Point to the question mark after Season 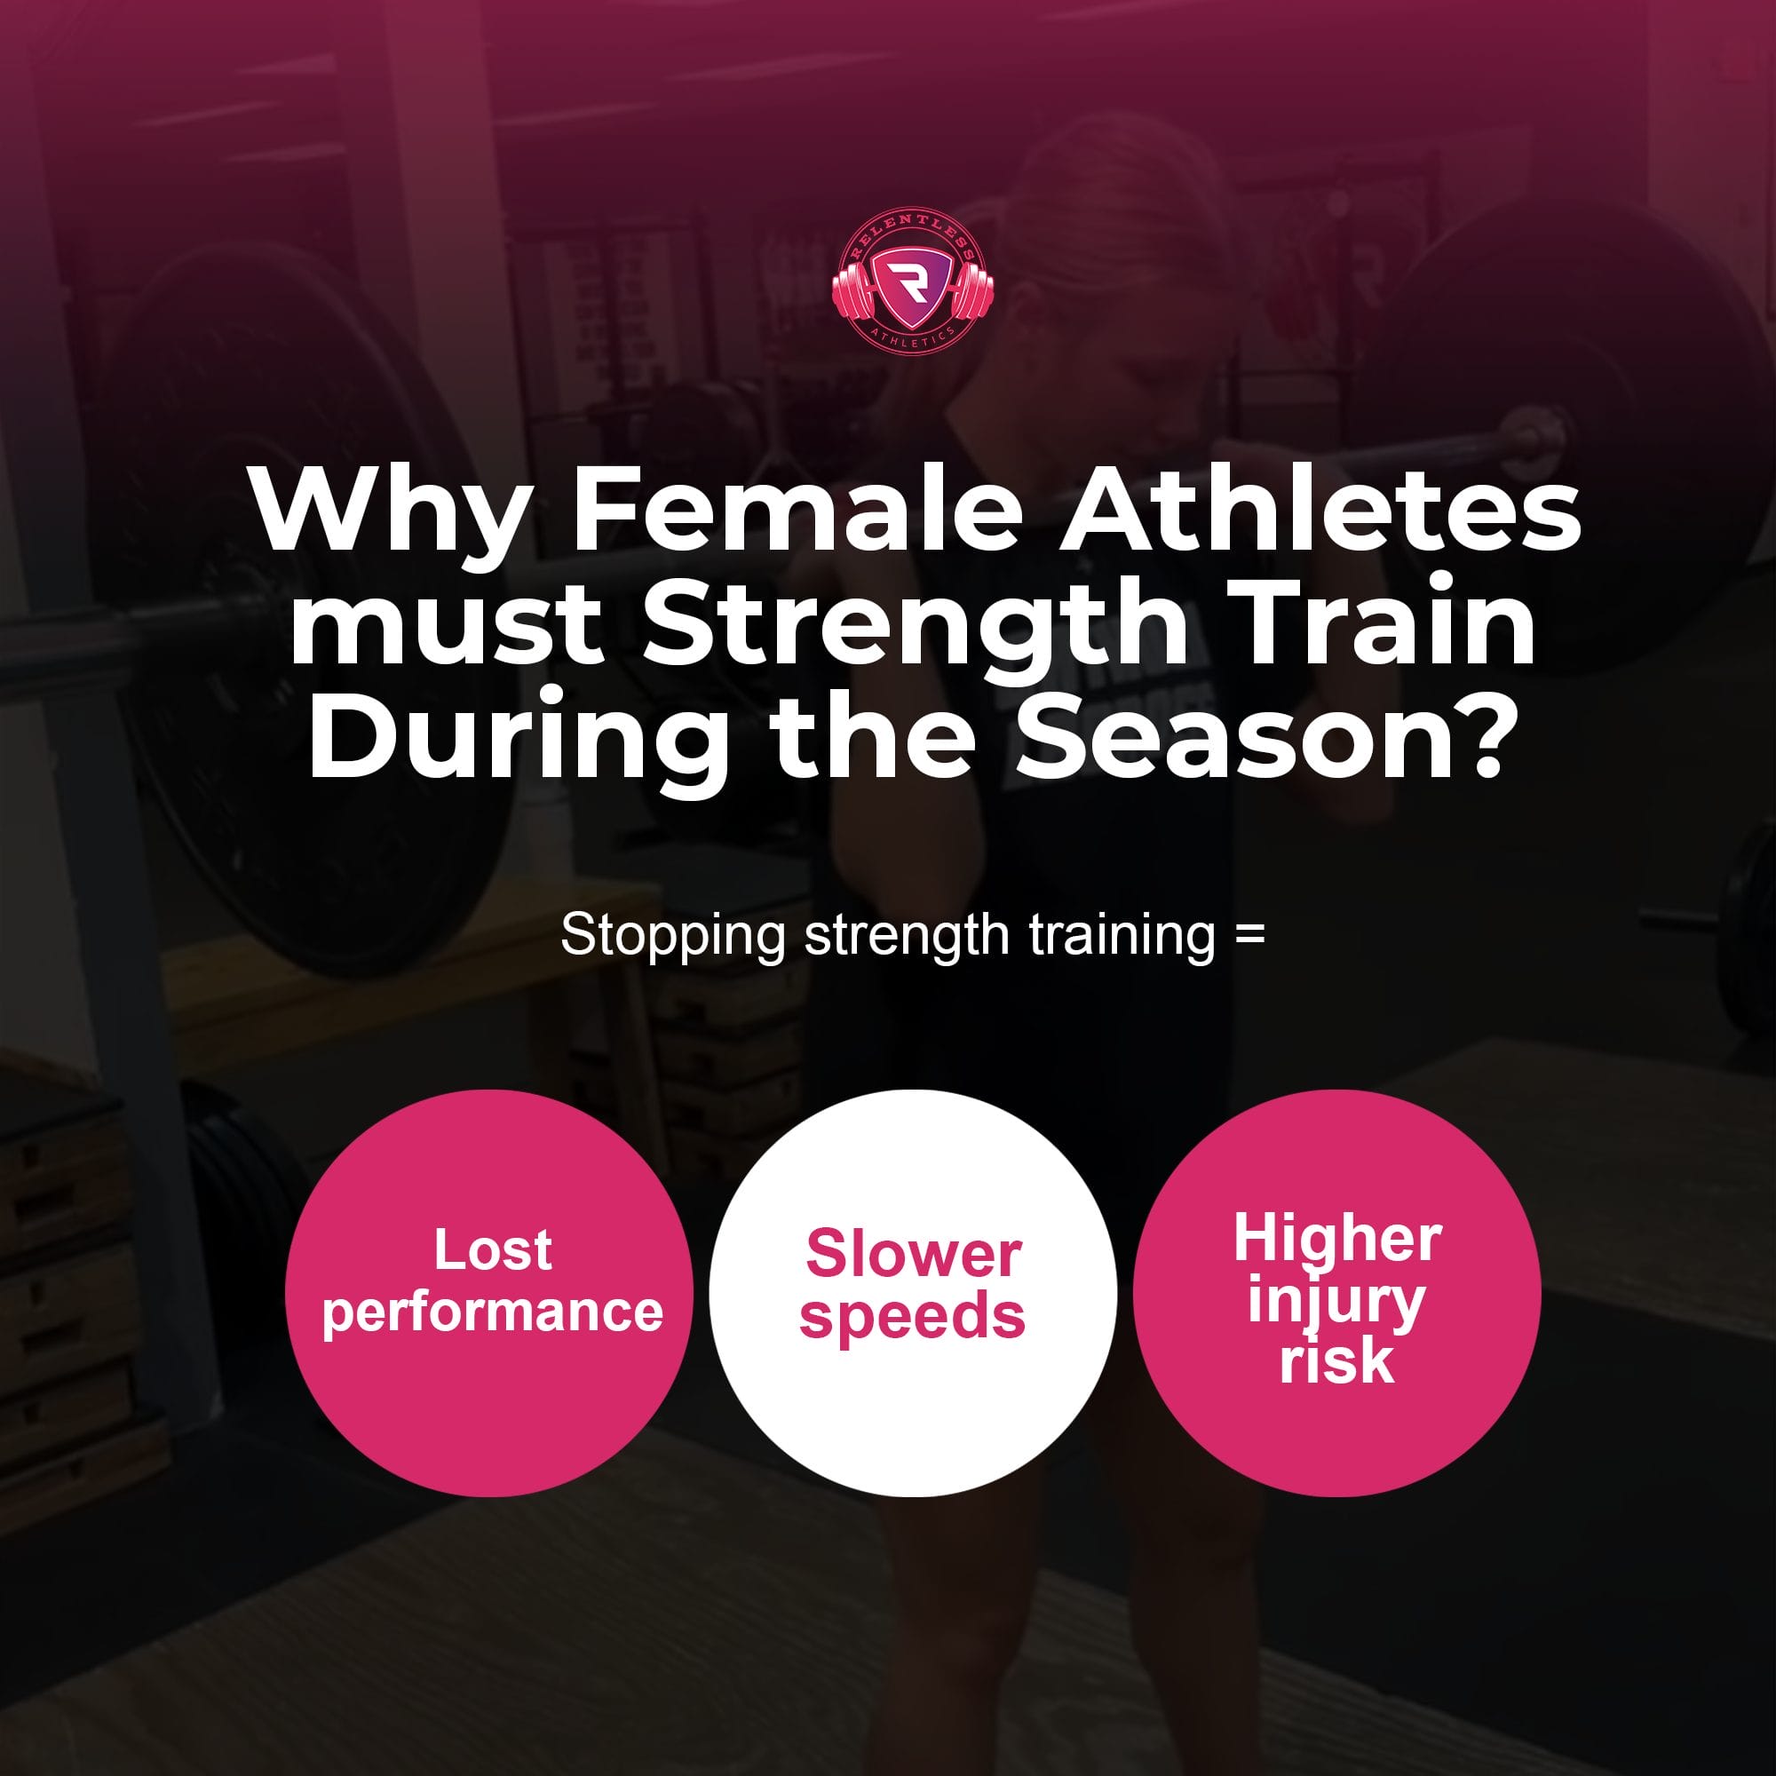point(1471,736)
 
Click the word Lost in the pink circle point(493,1250)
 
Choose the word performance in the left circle point(493,1312)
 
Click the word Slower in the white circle point(914,1254)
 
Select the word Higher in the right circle point(1337,1240)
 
